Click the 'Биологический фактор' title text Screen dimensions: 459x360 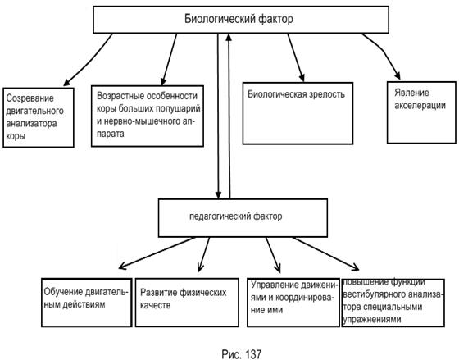[x=239, y=19]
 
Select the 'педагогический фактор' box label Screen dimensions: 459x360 [x=236, y=216]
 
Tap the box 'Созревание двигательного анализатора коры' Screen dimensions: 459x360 [x=39, y=117]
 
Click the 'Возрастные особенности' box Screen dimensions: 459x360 [x=148, y=116]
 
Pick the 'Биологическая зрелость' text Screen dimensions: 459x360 [x=296, y=94]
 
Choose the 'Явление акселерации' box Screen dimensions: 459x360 [x=421, y=112]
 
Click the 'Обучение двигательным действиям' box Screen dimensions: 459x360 [x=87, y=303]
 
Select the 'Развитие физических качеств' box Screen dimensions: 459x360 [x=187, y=303]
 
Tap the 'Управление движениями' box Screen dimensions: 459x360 [x=293, y=303]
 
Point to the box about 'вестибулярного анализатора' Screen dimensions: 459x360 [x=393, y=303]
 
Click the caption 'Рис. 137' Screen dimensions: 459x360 [x=242, y=353]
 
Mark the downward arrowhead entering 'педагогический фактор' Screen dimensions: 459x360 [x=218, y=195]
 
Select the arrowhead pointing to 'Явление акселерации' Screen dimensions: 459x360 [x=398, y=76]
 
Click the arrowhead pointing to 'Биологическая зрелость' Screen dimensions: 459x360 [x=302, y=77]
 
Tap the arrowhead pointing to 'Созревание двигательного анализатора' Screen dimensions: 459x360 [x=66, y=83]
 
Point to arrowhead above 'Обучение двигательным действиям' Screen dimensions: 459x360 [x=122, y=266]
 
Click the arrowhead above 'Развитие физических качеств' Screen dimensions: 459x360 [x=201, y=267]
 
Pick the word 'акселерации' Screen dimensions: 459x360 [x=420, y=106]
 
